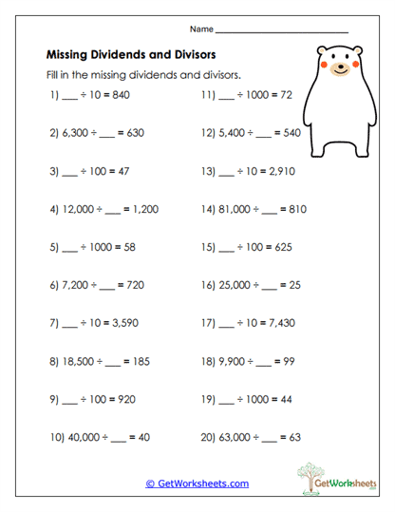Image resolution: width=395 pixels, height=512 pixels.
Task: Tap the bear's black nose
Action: click(x=342, y=67)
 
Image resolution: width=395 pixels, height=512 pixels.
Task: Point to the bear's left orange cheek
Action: click(x=323, y=66)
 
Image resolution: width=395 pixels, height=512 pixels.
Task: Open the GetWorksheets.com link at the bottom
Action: click(x=197, y=483)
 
